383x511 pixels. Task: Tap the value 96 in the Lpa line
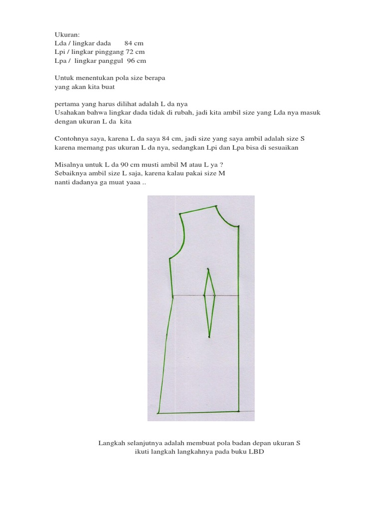pyautogui.click(x=131, y=61)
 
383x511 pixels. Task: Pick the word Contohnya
pyautogui.click(x=70, y=139)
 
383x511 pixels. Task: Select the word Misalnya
pyautogui.click(x=68, y=165)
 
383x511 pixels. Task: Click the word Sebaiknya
pyautogui.click(x=69, y=174)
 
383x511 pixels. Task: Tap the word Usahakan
pyautogui.click(x=69, y=113)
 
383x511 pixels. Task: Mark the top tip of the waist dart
pyautogui.click(x=208, y=269)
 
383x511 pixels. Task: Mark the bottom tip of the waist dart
pyautogui.click(x=209, y=337)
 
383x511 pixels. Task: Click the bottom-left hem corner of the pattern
pyautogui.click(x=158, y=414)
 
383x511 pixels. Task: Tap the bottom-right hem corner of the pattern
pyautogui.click(x=239, y=412)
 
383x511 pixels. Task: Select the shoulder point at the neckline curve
pyautogui.click(x=216, y=206)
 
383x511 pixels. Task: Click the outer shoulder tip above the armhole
pyautogui.click(x=180, y=214)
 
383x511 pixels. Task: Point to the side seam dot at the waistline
pyautogui.click(x=173, y=296)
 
